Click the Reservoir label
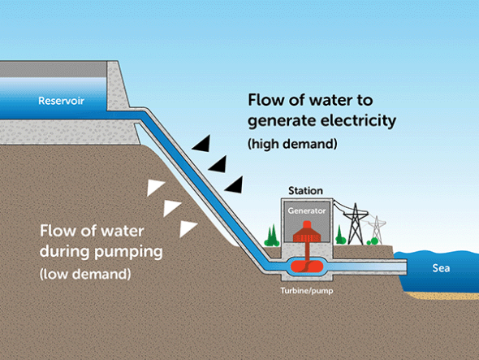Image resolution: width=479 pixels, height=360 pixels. pyautogui.click(x=62, y=102)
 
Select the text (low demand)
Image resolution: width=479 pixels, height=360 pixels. pyautogui.click(x=84, y=274)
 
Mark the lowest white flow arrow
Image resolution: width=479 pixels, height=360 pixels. pyautogui.click(x=188, y=228)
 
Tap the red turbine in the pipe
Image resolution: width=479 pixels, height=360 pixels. pyautogui.click(x=305, y=266)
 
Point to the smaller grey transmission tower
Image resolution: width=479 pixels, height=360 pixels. pyautogui.click(x=375, y=230)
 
